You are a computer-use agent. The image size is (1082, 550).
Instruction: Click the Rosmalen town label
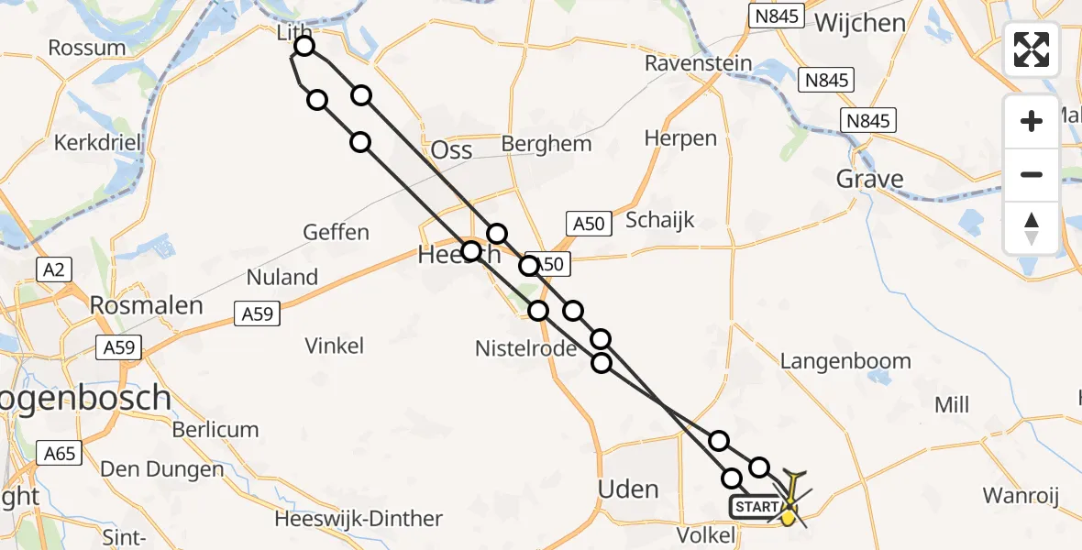[x=147, y=305]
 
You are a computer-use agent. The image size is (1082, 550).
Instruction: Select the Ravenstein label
[x=698, y=64]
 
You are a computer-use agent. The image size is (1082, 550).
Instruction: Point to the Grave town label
[x=869, y=179]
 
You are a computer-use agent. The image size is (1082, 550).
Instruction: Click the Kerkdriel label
[x=95, y=143]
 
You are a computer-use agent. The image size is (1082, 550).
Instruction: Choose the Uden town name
[x=628, y=489]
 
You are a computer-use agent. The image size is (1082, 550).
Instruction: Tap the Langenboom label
[x=845, y=360]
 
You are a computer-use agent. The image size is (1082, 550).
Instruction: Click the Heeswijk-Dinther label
[x=359, y=519]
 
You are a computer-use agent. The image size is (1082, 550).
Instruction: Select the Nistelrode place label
[x=525, y=348]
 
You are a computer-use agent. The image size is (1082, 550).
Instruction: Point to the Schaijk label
[x=660, y=220]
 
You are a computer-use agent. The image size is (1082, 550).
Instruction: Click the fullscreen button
[x=1032, y=49]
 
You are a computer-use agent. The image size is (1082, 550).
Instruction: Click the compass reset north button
[x=1032, y=228]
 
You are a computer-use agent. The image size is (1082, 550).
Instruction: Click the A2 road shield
[x=52, y=269]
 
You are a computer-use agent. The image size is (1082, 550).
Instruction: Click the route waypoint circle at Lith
[x=304, y=46]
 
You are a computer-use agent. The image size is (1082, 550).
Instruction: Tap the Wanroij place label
[x=1021, y=496]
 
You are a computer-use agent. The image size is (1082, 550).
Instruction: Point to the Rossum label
[x=87, y=48]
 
